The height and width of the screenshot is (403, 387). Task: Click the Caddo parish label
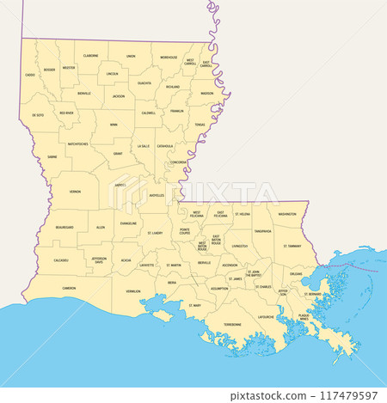(x=30, y=75)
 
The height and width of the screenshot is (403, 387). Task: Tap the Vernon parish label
(x=76, y=191)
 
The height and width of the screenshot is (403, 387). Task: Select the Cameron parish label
(x=69, y=288)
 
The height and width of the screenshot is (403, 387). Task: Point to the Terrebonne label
(x=232, y=324)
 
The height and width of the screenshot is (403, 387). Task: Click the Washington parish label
(x=287, y=214)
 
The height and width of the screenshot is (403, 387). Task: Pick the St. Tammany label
(x=292, y=246)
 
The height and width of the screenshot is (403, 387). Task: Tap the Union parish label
(x=131, y=56)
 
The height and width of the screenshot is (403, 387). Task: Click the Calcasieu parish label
(x=61, y=260)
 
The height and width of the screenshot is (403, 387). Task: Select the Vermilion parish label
(x=132, y=290)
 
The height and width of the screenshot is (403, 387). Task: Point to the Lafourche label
(x=267, y=316)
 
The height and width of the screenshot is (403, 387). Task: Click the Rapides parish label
(x=120, y=184)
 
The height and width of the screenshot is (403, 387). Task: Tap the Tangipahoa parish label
(x=262, y=230)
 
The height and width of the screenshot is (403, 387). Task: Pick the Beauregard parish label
(x=64, y=227)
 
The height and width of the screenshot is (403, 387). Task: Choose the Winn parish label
(x=114, y=124)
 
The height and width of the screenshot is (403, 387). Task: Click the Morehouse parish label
(x=169, y=57)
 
